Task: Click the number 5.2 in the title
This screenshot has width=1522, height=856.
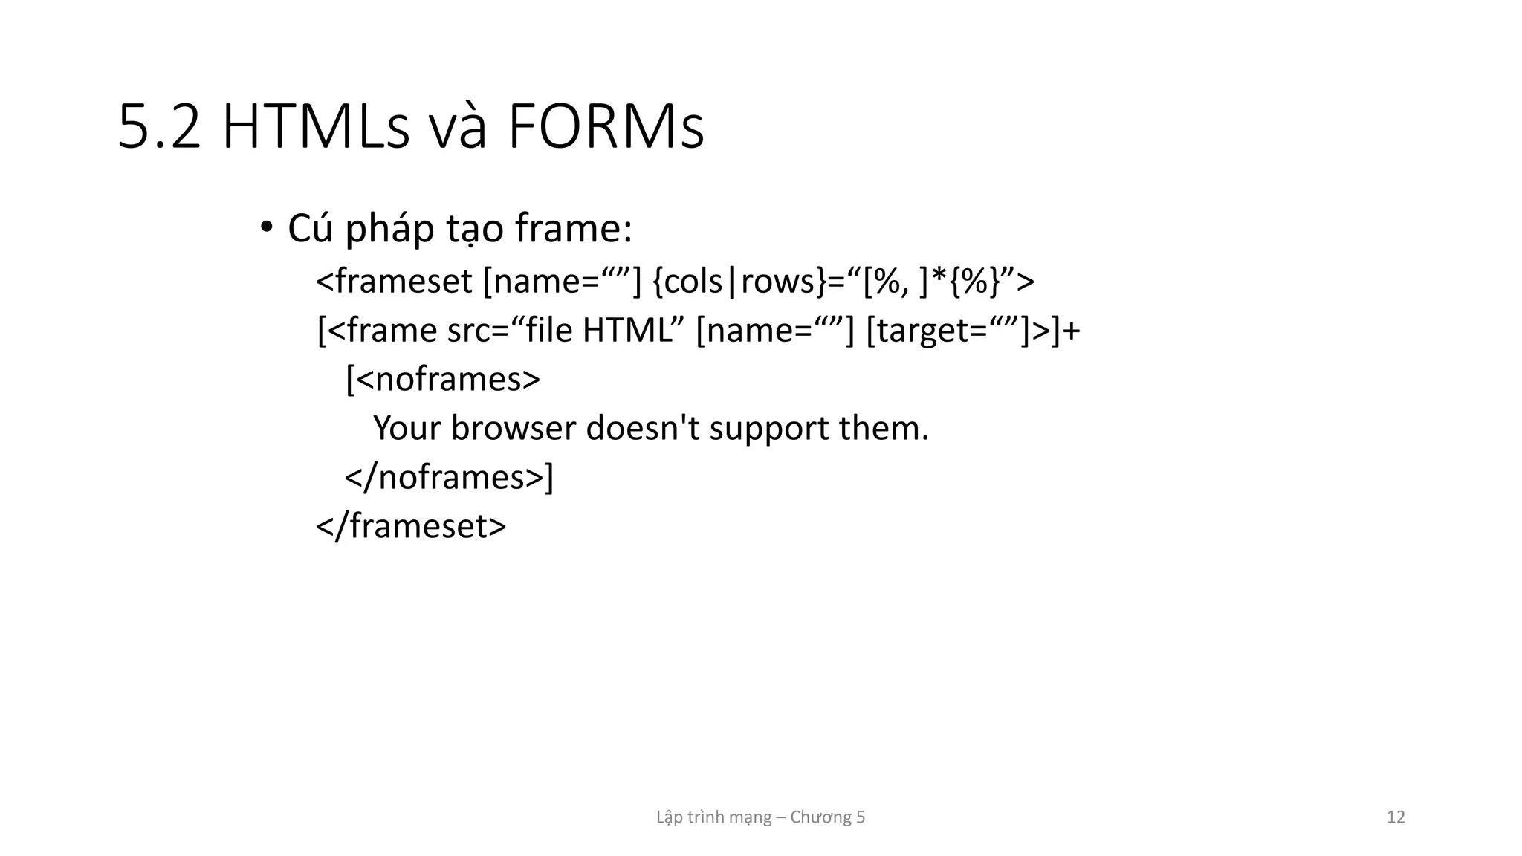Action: [159, 128]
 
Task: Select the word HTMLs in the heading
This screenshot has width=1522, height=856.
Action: [316, 128]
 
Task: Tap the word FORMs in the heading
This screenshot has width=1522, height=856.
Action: [606, 128]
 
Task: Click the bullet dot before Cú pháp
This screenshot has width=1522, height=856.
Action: [266, 227]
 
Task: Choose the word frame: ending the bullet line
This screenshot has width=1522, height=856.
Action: [573, 228]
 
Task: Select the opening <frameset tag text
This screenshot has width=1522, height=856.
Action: [394, 282]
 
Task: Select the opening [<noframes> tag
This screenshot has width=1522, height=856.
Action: [443, 380]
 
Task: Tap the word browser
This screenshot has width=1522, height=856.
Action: [514, 429]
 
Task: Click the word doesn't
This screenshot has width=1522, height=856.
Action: [643, 429]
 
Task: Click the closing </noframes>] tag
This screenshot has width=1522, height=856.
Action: [449, 478]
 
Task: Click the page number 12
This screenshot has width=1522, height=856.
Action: [1396, 817]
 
